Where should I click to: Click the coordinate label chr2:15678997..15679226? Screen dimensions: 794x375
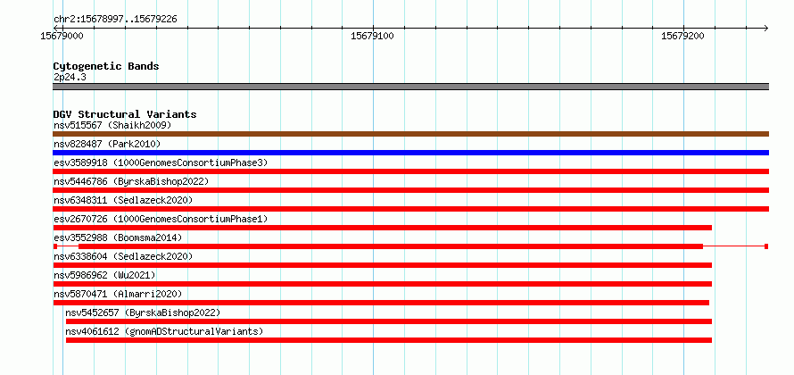[x=115, y=20]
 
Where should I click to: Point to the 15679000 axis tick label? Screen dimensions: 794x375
[x=62, y=36]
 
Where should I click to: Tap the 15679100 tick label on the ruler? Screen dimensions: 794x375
[x=373, y=36]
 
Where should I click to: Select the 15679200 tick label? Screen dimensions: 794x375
[x=683, y=36]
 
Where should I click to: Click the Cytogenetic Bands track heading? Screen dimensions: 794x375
[x=106, y=66]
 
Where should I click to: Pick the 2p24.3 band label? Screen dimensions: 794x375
[x=70, y=78]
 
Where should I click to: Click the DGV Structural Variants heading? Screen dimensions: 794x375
[x=125, y=114]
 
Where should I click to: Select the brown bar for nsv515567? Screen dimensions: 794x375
[x=410, y=134]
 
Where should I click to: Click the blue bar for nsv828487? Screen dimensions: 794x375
[x=410, y=153]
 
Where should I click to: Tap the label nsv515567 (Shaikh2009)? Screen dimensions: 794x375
[x=112, y=125]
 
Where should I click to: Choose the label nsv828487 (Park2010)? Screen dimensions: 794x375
[x=107, y=144]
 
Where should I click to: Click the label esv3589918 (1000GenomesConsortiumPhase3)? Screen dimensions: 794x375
[x=161, y=162]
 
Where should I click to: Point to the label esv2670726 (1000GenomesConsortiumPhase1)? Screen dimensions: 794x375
[x=161, y=219]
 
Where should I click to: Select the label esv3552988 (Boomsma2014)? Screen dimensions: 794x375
[x=118, y=237]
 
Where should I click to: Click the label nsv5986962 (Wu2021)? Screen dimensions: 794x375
[x=104, y=275]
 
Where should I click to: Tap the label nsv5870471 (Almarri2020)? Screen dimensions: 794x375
[x=118, y=294]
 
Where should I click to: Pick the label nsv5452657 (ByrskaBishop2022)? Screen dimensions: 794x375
[x=143, y=312]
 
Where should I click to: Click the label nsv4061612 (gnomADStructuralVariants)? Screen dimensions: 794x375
[x=164, y=331]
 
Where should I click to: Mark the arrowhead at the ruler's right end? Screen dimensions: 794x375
[x=766, y=28]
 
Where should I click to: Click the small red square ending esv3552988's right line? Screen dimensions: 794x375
[x=766, y=246]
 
